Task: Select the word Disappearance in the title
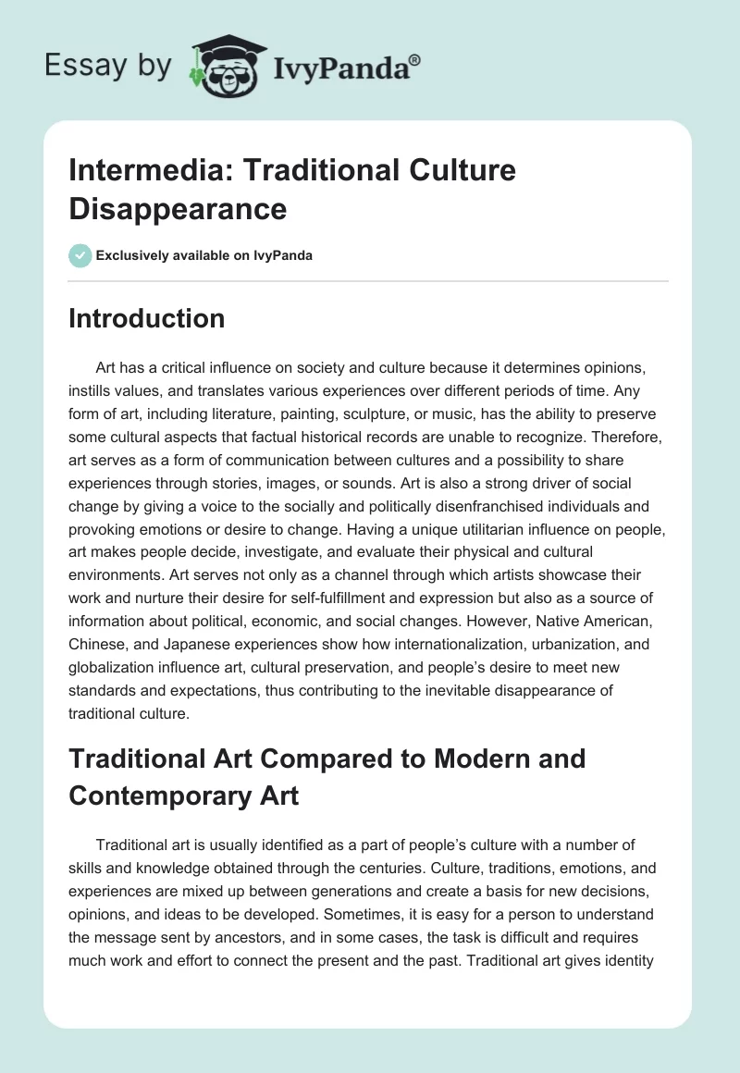178,208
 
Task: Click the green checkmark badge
80,255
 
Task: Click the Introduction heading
147,318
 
